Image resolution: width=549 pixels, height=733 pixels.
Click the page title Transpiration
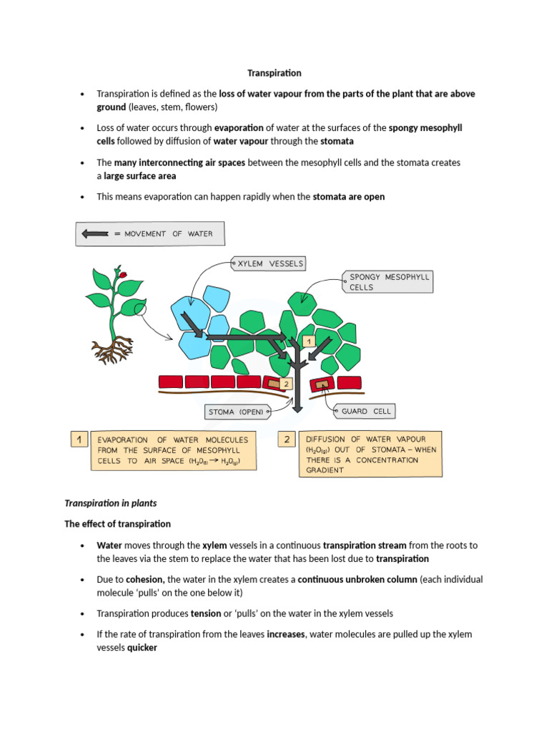(x=274, y=73)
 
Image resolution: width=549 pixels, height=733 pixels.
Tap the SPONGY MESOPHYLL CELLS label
(x=390, y=281)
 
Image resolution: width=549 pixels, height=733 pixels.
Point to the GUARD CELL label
(x=365, y=411)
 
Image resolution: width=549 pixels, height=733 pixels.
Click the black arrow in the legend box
(x=96, y=233)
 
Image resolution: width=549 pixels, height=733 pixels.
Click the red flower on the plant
(x=123, y=274)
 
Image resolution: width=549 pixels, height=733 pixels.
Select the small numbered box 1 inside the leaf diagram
(x=309, y=342)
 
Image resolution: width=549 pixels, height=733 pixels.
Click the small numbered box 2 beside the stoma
(x=286, y=384)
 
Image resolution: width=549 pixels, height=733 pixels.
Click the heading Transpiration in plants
(x=111, y=503)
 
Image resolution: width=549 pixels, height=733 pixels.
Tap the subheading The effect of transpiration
(x=118, y=524)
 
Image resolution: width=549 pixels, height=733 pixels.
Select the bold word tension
(x=204, y=613)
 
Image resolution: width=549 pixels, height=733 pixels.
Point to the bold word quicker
(x=142, y=648)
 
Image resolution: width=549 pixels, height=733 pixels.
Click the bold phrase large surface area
(x=139, y=175)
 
